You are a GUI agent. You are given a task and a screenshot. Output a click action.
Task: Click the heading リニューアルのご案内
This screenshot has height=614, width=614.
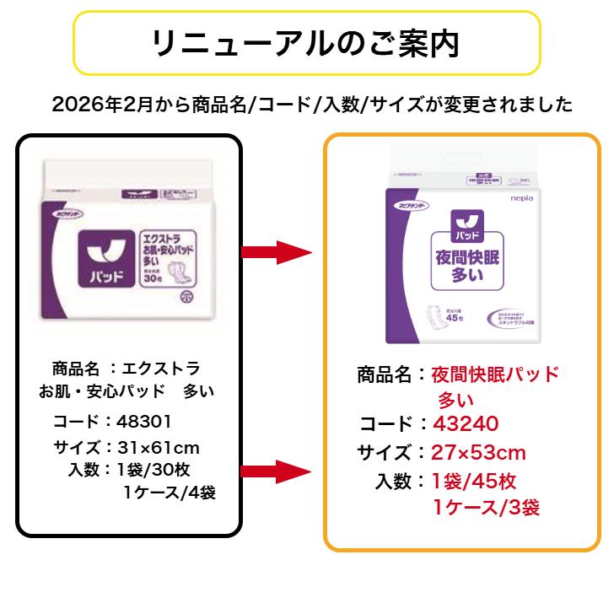coord(306,43)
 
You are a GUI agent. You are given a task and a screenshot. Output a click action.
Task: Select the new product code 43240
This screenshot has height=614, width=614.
coord(466,423)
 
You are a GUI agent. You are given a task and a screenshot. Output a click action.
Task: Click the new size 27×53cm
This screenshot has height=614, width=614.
coord(478,453)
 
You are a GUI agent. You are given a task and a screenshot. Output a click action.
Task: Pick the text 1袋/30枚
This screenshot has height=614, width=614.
coord(153,469)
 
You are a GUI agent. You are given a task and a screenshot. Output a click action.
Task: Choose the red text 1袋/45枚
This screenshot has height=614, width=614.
coord(474,482)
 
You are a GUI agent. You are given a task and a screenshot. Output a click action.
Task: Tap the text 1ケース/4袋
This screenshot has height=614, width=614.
coord(170,493)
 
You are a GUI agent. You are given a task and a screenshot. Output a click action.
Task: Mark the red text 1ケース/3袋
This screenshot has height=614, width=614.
coord(487,508)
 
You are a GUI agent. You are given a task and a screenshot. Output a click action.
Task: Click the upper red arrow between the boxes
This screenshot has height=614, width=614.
coord(277,252)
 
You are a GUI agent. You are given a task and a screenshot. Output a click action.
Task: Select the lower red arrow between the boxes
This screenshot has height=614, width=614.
coord(277,471)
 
